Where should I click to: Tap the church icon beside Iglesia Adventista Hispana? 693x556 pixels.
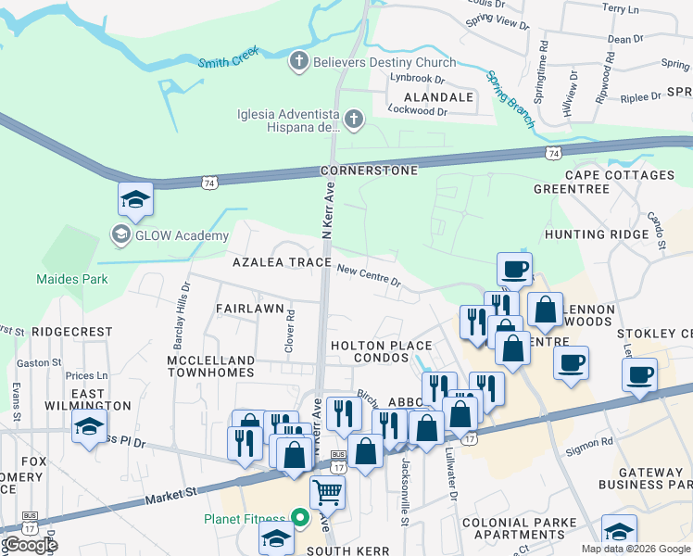[354, 119]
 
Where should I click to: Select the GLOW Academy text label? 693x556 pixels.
[182, 235]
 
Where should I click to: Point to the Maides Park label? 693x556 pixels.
[71, 278]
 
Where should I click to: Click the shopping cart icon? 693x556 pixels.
[327, 491]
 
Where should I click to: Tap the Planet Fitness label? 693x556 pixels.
[245, 518]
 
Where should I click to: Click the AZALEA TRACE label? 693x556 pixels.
[282, 262]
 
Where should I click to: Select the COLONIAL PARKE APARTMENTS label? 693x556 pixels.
[520, 528]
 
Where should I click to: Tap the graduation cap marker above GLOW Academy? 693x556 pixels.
[135, 199]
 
